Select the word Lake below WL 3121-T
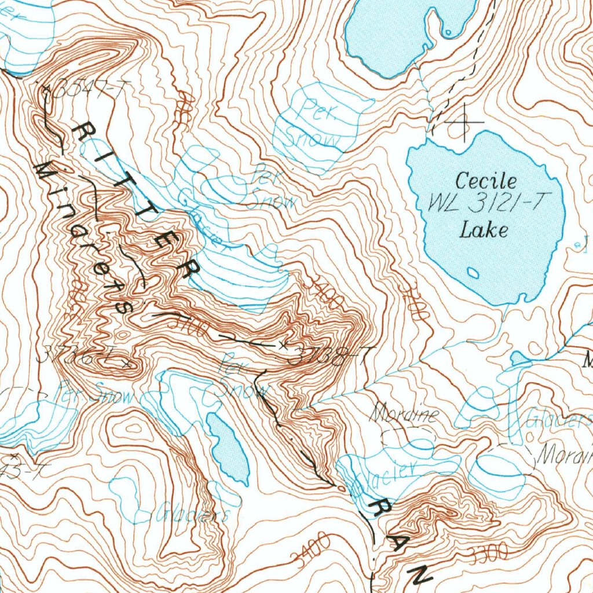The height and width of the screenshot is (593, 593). click(x=484, y=230)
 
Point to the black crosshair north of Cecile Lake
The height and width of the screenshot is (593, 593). click(x=463, y=122)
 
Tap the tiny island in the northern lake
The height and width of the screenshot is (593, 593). click(x=447, y=31)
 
